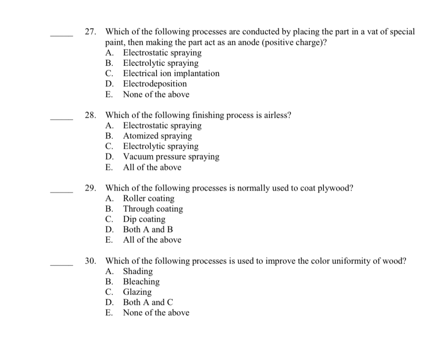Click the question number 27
(x=90, y=32)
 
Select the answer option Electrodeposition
(x=155, y=84)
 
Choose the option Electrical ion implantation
(x=171, y=74)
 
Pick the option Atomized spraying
(x=157, y=136)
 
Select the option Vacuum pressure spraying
(x=171, y=157)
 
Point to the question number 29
(x=90, y=188)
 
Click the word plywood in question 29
(x=335, y=188)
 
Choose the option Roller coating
(x=149, y=198)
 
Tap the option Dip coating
(x=144, y=219)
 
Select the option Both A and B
(x=148, y=230)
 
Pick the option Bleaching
(x=141, y=282)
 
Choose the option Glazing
(x=137, y=292)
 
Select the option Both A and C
(x=148, y=303)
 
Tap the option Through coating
(x=153, y=209)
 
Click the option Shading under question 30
(x=138, y=272)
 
